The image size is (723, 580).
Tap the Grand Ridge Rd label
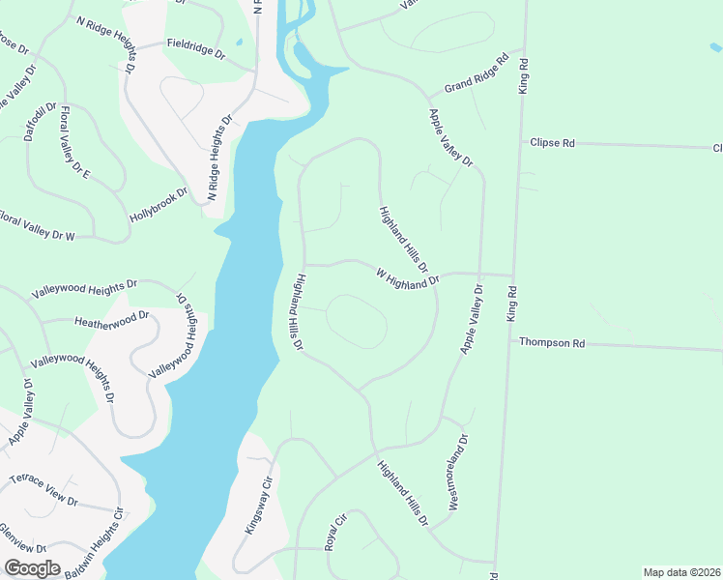(477, 75)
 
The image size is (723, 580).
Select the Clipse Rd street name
(552, 143)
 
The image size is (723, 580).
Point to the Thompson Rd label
(552, 342)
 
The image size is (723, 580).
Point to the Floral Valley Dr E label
(75, 142)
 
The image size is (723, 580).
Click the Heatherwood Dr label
(111, 318)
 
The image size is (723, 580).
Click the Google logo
(33, 568)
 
